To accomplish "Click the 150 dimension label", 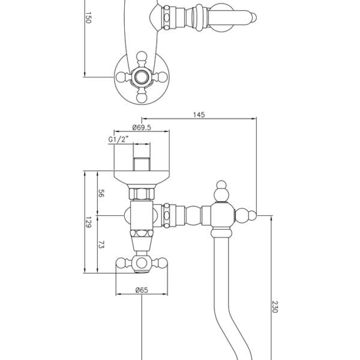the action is tap(88, 17).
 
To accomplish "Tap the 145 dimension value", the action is tap(199, 115).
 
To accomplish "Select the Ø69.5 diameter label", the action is tap(142, 127).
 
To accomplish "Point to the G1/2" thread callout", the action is tap(118, 139).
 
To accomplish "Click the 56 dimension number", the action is tap(101, 193).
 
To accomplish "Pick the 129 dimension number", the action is tap(88, 222).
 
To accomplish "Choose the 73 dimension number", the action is tap(101, 244).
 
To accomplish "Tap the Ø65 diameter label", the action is tap(142, 290).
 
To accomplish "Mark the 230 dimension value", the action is tap(275, 307).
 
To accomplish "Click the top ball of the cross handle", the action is tap(142, 56).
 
